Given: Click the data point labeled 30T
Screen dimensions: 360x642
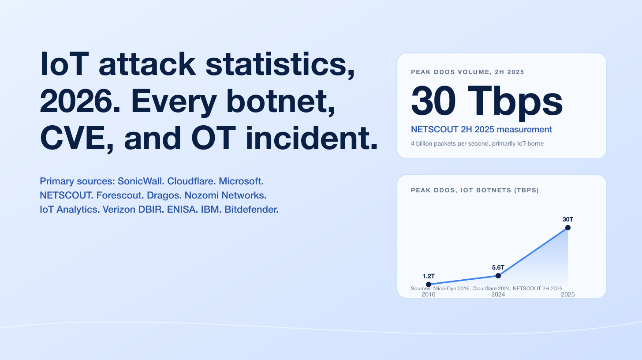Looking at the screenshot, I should point(568,228).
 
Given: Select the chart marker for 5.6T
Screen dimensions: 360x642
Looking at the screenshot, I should point(498,276).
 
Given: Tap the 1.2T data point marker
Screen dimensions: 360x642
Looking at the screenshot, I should point(429,284).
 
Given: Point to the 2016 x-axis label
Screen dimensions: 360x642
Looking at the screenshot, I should point(429,294).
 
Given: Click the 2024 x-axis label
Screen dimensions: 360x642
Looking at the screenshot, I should point(498,294).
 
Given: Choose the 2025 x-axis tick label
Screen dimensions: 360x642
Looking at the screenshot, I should point(568,294).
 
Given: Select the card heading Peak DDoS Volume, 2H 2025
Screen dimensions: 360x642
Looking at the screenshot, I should point(467,72).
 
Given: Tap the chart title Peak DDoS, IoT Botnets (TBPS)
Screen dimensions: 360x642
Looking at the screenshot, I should point(475,190).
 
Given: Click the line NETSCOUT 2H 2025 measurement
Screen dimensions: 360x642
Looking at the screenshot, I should point(481,129).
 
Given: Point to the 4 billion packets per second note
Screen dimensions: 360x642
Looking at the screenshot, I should point(477,144).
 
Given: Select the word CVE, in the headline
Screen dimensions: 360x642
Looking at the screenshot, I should point(78,138).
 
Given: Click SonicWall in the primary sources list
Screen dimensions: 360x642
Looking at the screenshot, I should point(141,181).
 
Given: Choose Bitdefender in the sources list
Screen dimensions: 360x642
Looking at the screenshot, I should point(251,210).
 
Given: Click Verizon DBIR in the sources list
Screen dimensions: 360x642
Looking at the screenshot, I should point(134,210).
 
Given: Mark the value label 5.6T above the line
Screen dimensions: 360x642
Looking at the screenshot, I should point(498,267).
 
